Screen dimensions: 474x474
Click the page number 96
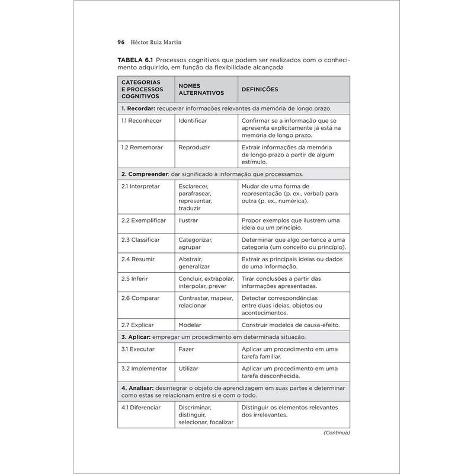tap(121, 43)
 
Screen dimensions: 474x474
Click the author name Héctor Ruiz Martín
tap(152, 43)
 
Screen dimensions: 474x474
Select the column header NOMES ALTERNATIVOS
tap(201, 89)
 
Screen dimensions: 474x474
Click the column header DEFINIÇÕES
tap(260, 89)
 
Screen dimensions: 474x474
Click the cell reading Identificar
tap(193, 120)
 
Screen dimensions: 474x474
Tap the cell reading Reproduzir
tap(194, 147)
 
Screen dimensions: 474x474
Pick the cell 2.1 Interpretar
tap(140, 186)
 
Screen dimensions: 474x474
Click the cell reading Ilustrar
tap(188, 220)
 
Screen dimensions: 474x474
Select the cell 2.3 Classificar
tap(140, 239)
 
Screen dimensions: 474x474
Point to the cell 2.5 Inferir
tap(134, 278)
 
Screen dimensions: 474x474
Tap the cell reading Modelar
tap(190, 325)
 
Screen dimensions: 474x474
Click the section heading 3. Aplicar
tap(139, 337)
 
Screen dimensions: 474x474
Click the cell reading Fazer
tap(186, 349)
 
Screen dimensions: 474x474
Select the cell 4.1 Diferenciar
tap(142, 407)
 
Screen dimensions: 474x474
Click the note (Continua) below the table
tap(337, 433)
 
